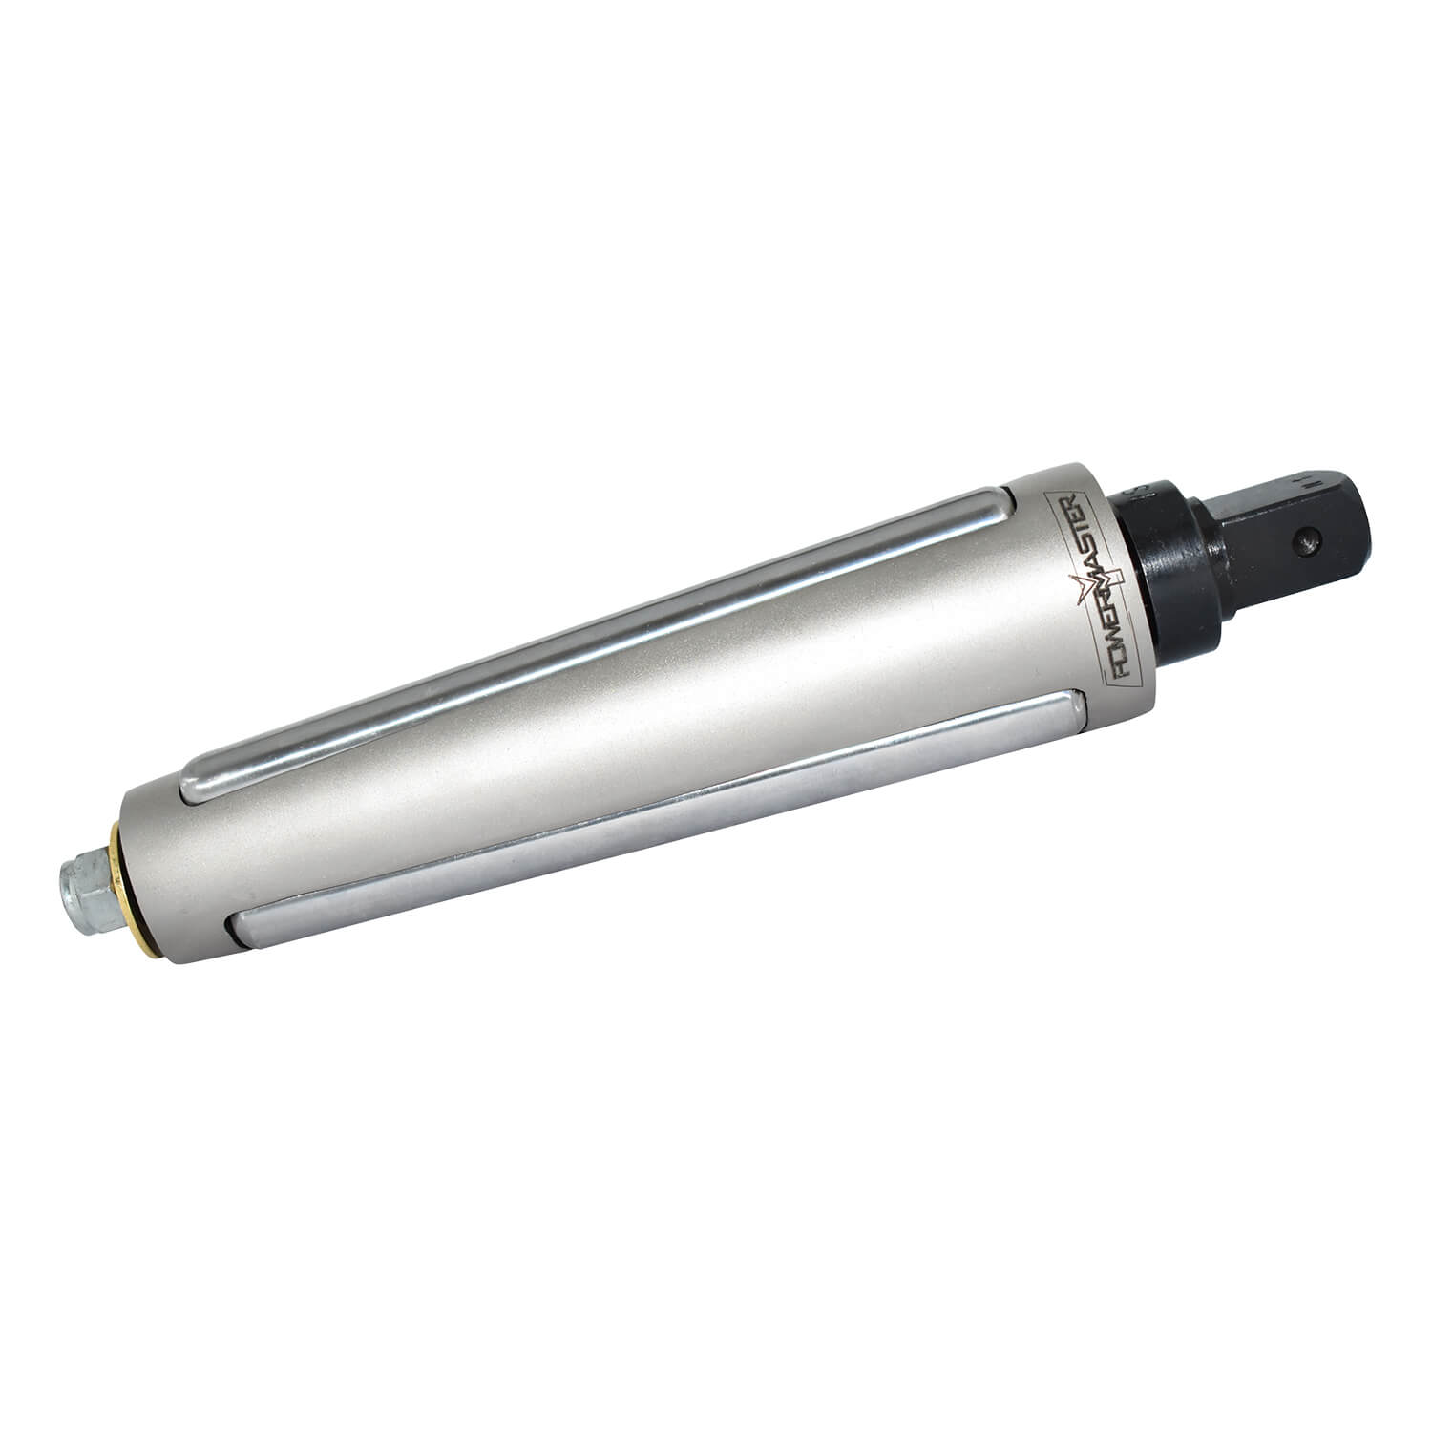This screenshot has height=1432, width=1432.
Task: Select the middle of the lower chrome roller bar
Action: (659, 811)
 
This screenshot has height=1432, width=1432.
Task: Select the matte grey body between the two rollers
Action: (630, 726)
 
